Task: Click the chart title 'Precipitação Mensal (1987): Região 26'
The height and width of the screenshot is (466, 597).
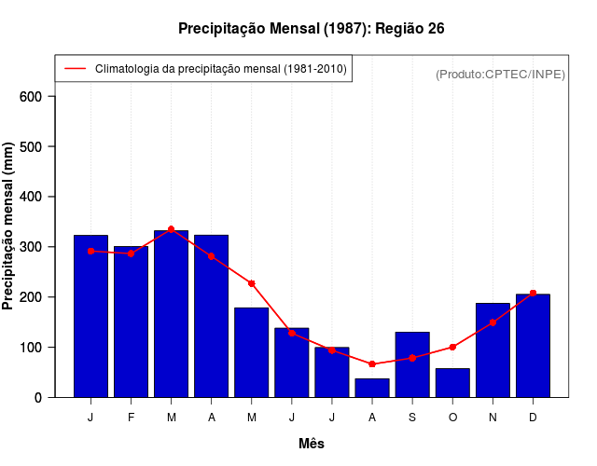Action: pyautogui.click(x=311, y=29)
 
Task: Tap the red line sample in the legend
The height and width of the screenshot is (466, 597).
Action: pyautogui.click(x=75, y=69)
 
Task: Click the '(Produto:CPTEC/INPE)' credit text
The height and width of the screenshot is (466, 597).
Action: pyautogui.click(x=500, y=74)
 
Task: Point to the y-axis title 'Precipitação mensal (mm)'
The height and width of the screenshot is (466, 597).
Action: pyautogui.click(x=8, y=226)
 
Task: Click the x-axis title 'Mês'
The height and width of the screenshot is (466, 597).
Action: pyautogui.click(x=312, y=444)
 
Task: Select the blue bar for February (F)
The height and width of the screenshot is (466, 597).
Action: pyautogui.click(x=131, y=322)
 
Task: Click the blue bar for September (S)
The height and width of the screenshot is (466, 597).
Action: pyautogui.click(x=412, y=364)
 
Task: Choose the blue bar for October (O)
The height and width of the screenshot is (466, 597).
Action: pyautogui.click(x=452, y=383)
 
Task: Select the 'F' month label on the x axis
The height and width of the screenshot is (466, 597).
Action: pyautogui.click(x=131, y=418)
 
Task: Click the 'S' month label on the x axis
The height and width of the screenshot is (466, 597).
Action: pyautogui.click(x=412, y=418)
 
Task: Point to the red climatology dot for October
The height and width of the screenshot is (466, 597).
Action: pyautogui.click(x=452, y=347)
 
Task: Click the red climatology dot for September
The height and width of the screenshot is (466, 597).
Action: pyautogui.click(x=412, y=358)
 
